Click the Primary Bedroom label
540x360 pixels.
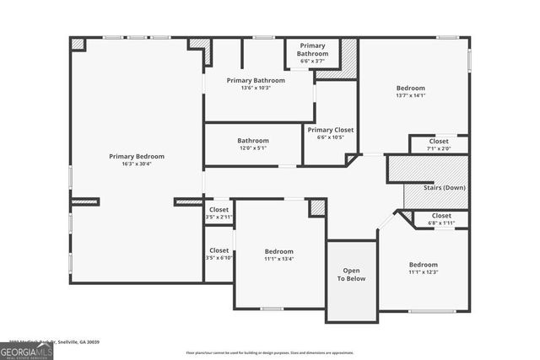point(137,156)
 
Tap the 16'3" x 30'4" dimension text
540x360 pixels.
point(137,164)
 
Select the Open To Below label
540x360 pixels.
point(352,275)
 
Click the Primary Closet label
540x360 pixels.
point(331,130)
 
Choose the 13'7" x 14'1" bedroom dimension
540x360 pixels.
point(411,95)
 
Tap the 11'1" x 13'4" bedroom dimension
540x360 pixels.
point(278,259)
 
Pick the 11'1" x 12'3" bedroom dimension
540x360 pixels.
point(424,271)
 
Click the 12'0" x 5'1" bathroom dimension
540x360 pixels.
point(252,148)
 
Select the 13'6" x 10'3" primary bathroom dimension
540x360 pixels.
point(256,88)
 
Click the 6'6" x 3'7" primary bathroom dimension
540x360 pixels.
point(312,61)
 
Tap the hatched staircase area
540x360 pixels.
point(426,168)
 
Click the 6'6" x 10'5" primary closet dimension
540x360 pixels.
point(331,137)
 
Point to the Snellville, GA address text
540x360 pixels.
point(51,341)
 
